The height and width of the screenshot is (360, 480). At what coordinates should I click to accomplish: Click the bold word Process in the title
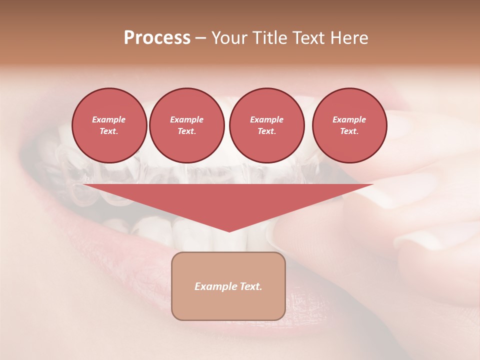(157, 38)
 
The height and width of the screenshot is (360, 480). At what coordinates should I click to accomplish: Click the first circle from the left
(109, 125)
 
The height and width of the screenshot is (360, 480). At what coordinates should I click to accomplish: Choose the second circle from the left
(186, 125)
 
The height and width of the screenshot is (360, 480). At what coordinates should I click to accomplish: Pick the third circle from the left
(266, 125)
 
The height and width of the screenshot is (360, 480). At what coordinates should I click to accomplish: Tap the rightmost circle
(349, 125)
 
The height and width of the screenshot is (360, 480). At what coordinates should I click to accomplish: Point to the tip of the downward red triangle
(229, 231)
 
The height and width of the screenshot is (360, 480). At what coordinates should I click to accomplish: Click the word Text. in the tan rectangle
(251, 286)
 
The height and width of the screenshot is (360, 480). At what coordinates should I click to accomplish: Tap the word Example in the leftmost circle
(109, 119)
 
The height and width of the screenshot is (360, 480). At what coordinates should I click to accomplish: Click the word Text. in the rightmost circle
(349, 131)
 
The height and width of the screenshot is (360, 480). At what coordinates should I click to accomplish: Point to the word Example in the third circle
(266, 119)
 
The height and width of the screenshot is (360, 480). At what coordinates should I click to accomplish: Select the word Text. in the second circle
(186, 131)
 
